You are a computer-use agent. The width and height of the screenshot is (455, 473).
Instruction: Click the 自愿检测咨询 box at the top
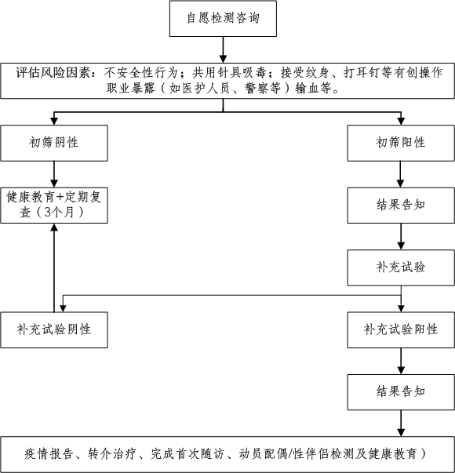coord(223,19)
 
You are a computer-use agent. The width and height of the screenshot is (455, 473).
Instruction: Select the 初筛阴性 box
coord(53,143)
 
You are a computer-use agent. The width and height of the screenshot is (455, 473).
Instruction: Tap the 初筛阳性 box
coord(401,143)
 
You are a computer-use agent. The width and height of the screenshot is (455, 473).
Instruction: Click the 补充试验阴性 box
coord(53,329)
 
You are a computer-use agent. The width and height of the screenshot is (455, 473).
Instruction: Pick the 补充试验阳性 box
coord(401,329)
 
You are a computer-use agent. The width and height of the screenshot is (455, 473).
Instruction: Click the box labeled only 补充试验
coord(401,267)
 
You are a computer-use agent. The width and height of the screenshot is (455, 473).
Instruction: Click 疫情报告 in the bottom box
coord(50,453)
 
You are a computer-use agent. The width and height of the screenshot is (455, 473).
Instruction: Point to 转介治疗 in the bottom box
coord(114,453)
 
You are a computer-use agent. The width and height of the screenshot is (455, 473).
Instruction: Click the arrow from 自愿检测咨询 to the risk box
coord(223,49)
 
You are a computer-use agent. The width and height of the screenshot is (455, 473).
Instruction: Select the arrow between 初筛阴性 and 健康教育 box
coord(53,173)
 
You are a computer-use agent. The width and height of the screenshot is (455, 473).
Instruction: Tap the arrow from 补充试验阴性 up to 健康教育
coord(53,267)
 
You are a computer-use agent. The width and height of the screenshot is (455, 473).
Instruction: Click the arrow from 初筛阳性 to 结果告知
coord(401,174)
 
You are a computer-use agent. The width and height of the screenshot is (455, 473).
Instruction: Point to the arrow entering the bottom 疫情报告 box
coord(401,424)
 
